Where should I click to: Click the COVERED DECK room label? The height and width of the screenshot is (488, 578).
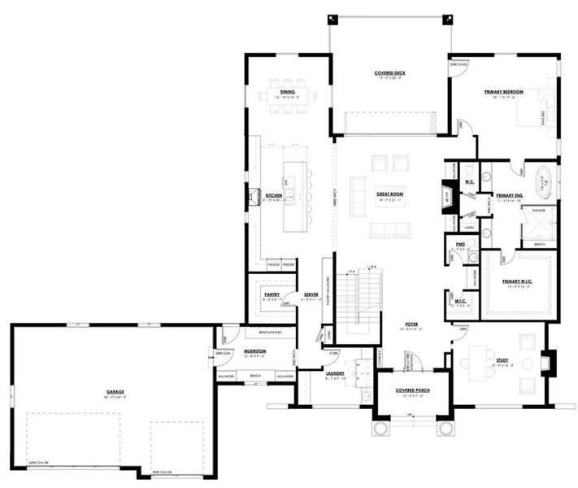coord(389,73)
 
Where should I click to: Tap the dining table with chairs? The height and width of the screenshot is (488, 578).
coord(288,93)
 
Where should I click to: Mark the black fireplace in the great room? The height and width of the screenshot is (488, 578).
coord(446,198)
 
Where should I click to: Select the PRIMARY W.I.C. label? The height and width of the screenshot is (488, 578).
coord(517,282)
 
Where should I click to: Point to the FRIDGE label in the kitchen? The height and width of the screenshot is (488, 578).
coord(273,265)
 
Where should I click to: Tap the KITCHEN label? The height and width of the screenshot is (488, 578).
coord(274,196)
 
